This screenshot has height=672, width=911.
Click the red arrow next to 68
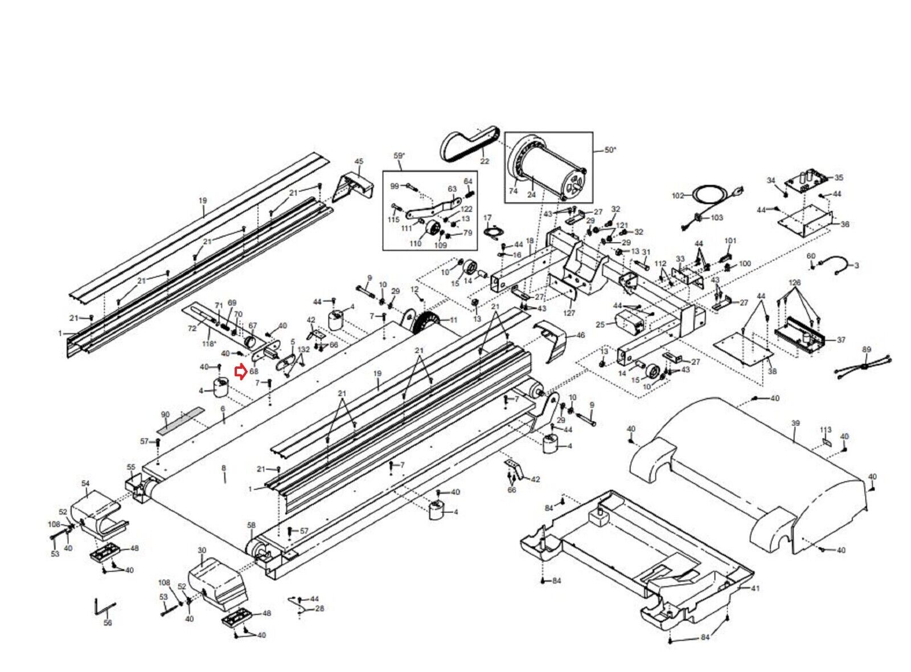coord(240,372)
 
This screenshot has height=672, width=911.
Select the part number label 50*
coord(610,150)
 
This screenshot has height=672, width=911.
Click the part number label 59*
coord(399,156)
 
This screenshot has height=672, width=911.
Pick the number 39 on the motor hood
coord(795,423)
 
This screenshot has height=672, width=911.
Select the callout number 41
coord(756,588)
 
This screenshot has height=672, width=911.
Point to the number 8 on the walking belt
coord(224,468)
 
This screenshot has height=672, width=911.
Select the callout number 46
coord(580,335)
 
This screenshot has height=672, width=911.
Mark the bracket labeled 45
coord(354,184)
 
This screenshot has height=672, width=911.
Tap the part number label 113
coord(826,430)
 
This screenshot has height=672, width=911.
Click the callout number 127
coord(569,312)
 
